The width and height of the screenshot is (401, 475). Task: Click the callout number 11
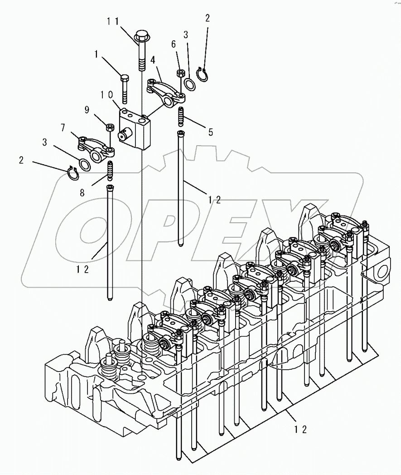coord(114,21)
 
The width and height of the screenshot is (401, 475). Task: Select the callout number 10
coord(106,95)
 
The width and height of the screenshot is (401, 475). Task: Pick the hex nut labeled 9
coord(110,127)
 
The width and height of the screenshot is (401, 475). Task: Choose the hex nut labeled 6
coord(179,71)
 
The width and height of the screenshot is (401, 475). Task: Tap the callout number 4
coord(153,59)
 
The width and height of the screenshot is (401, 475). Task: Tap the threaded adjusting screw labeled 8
coord(110,170)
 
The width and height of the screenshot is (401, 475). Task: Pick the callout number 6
coord(173,44)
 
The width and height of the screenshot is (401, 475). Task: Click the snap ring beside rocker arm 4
coord(203,75)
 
